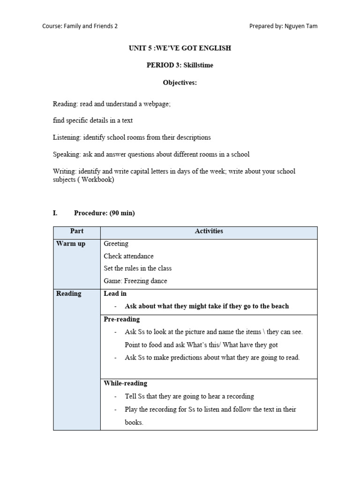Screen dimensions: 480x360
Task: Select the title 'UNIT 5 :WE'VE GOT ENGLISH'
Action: pos(180,48)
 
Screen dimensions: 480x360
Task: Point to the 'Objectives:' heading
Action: pos(180,82)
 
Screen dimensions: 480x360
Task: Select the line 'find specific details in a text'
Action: pos(93,120)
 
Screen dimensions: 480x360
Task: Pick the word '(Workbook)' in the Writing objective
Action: pos(96,180)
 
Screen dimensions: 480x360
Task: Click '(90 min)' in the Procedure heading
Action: pos(122,213)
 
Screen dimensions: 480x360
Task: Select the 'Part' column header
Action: pos(77,231)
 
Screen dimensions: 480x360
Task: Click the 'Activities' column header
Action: pos(209,231)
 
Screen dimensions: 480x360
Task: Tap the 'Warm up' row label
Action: pos(71,244)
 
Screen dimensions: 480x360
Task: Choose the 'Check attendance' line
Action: pos(128,256)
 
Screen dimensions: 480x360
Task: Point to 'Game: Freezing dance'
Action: pos(135,281)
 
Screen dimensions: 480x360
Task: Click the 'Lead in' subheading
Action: pos(115,293)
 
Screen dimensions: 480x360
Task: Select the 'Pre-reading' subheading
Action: pos(121,319)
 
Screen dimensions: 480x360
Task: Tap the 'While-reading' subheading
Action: pos(125,383)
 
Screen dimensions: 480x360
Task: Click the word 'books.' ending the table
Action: pos(134,422)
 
